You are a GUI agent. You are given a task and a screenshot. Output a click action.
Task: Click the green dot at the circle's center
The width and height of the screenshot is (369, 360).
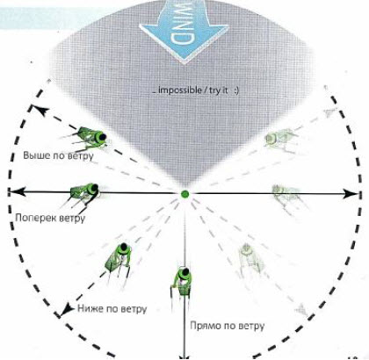[184, 194]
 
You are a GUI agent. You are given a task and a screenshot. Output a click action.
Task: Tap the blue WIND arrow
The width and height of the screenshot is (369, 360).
[184, 29]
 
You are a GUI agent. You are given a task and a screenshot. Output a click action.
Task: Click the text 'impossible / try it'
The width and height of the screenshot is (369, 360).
[193, 90]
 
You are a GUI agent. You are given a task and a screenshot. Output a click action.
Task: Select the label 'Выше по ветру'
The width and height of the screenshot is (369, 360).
[58, 155]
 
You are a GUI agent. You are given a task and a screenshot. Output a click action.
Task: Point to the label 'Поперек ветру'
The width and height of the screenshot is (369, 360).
[50, 218]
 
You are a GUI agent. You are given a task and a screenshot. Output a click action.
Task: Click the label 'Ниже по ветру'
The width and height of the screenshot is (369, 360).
[112, 309]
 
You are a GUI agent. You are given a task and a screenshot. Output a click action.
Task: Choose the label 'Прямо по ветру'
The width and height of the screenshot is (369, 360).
[228, 326]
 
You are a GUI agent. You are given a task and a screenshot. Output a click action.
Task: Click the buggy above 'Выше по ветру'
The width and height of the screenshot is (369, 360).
[87, 138]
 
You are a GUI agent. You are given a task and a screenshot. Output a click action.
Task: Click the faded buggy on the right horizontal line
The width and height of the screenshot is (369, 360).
[287, 196]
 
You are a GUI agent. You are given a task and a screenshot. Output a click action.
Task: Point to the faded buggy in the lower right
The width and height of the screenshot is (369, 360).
[251, 260]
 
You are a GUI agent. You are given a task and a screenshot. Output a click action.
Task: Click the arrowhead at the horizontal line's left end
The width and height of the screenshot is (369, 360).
[17, 192]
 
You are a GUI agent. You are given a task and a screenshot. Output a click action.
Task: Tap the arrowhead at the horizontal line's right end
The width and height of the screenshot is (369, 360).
[350, 193]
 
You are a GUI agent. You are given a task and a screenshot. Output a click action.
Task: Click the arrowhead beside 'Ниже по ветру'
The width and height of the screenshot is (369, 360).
[68, 310]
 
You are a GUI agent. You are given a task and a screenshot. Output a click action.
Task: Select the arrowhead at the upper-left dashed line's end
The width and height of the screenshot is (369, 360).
[42, 111]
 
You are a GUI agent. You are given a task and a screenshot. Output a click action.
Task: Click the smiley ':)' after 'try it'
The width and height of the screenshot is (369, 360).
[236, 90]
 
